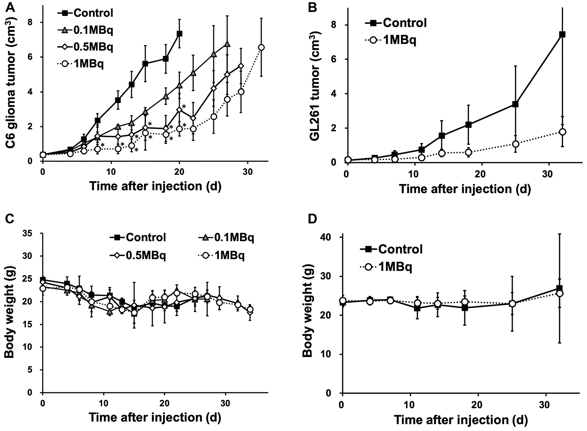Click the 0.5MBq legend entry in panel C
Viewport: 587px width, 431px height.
coord(138,255)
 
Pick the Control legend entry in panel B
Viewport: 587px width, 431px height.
coord(396,23)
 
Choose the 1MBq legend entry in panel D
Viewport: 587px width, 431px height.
coord(387,267)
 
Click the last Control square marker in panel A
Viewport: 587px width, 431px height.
coord(179,33)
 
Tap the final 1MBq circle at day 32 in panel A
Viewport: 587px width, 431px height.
coord(262,47)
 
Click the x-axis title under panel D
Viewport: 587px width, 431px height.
coord(461,420)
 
